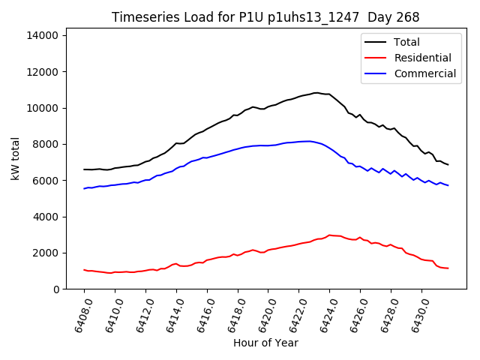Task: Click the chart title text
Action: tap(265, 17)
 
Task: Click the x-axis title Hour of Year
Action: tap(265, 343)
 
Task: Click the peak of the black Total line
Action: tap(316, 93)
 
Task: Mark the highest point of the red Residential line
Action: tap(329, 235)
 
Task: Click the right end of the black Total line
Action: tap(448, 165)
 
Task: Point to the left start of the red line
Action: tap(84, 270)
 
